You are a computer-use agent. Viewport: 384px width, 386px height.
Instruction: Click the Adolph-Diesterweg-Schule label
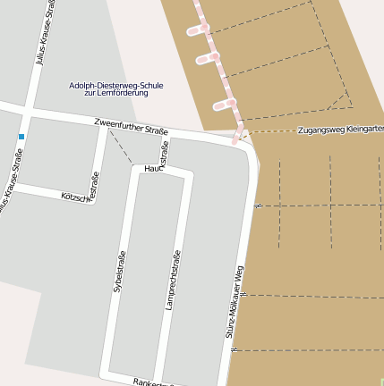(x=115, y=86)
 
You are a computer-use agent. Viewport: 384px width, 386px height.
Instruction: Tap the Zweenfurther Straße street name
(x=132, y=126)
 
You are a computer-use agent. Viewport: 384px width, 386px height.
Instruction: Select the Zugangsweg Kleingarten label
(x=339, y=129)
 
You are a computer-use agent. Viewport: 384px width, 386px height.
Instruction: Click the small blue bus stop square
(x=21, y=136)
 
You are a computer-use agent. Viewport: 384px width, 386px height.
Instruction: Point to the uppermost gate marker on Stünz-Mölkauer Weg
(x=257, y=206)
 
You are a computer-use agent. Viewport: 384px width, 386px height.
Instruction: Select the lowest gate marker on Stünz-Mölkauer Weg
(x=233, y=350)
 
